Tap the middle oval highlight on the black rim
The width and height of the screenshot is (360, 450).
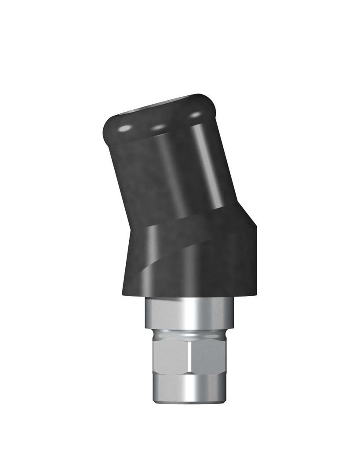coord(158,127)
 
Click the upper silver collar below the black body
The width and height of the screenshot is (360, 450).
coord(189,313)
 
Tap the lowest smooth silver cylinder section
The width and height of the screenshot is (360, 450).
coord(189,387)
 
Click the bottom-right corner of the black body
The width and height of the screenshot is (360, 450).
coord(255,294)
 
